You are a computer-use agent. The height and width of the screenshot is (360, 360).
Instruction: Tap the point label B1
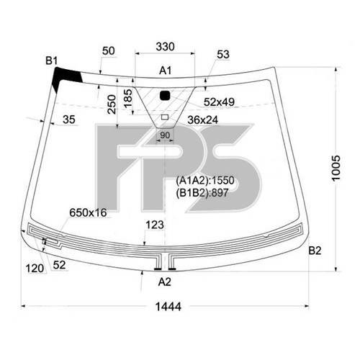52,61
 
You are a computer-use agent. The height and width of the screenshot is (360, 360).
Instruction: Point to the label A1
165,71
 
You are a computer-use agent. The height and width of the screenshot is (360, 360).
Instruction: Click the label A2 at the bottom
165,281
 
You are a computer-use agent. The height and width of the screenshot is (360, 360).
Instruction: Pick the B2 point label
315,251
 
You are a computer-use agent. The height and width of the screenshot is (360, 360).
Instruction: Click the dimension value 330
165,47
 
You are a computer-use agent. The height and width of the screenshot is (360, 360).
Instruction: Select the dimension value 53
222,54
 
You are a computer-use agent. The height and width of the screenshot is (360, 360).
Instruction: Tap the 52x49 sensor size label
220,102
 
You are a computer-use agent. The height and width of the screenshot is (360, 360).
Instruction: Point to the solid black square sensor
165,95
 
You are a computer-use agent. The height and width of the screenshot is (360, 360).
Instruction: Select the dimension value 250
110,106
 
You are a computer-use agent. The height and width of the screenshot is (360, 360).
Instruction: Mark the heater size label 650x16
88,212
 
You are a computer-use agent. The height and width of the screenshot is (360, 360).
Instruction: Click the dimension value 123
154,225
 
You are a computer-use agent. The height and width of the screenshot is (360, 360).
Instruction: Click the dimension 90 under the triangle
164,135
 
